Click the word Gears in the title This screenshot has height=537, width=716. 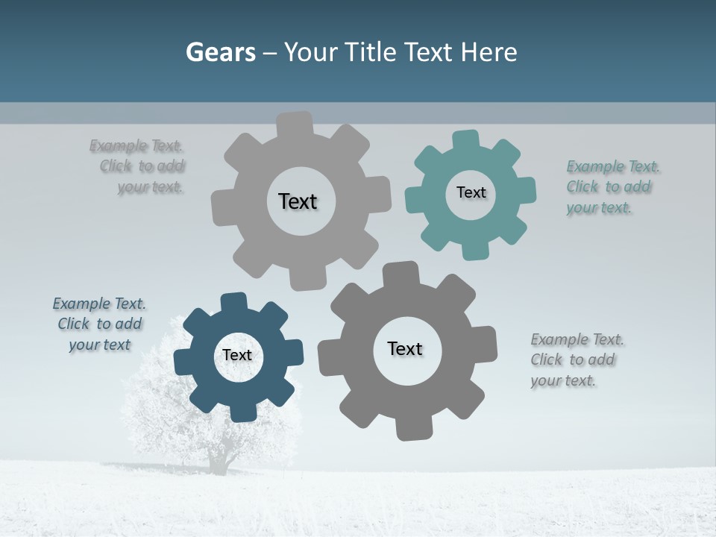click(221, 53)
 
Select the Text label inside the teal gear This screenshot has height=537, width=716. click(471, 192)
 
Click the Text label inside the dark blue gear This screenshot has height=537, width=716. click(237, 356)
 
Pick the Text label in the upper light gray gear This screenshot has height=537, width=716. click(298, 201)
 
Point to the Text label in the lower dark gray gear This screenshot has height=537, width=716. click(405, 349)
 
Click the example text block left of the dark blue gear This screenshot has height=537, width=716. click(99, 324)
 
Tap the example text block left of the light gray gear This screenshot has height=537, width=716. click(139, 166)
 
